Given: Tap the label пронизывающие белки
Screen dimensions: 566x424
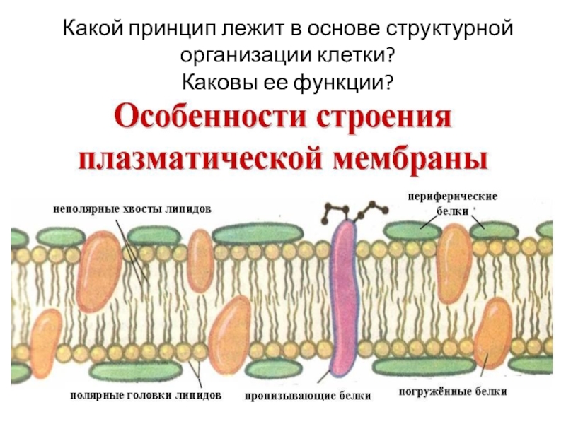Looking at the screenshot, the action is pyautogui.click(x=308, y=396).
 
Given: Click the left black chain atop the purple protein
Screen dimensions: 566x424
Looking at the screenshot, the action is pyautogui.click(x=330, y=211).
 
